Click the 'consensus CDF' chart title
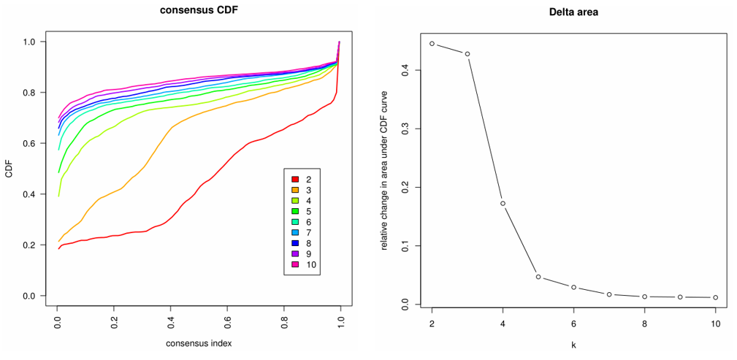199,11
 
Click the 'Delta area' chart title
573,12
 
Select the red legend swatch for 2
295,179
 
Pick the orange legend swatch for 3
295,190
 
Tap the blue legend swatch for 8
295,242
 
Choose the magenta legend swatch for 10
295,264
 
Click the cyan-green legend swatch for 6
295,221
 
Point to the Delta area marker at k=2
432,44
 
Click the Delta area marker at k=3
467,54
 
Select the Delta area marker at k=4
503,203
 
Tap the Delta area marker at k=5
538,277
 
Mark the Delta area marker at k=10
716,297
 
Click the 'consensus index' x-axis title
199,342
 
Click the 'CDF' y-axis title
9,170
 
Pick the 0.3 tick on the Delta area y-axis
405,129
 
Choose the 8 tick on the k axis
645,322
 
